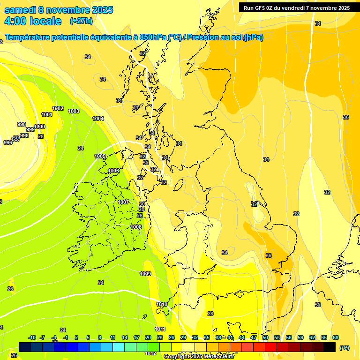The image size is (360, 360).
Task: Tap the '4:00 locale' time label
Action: click(x=33, y=21)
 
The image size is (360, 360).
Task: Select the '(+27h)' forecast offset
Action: click(x=81, y=21)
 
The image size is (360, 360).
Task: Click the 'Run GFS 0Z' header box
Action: click(x=296, y=7)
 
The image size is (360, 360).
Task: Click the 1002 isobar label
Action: click(x=58, y=108)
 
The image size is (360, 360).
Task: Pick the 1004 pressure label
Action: click(x=98, y=119)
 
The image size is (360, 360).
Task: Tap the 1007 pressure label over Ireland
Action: click(x=123, y=202)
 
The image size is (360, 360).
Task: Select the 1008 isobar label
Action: click(x=136, y=227)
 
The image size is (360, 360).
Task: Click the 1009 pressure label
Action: click(x=145, y=274)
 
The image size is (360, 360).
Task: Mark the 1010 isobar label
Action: click(x=162, y=304)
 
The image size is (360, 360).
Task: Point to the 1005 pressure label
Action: click(x=100, y=156)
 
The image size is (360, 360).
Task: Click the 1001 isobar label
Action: click(x=47, y=114)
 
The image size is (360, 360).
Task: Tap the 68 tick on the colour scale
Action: click(x=336, y=337)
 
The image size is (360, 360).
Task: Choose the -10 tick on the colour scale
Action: click(x=32, y=337)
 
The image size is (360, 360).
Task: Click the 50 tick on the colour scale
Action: click(x=265, y=337)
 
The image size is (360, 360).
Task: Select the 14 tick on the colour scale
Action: click(x=125, y=337)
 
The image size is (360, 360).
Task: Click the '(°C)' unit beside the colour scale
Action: click(x=344, y=348)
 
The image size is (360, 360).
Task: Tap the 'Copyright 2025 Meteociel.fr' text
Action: click(x=199, y=357)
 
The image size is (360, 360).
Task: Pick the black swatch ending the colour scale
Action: click(x=330, y=347)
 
